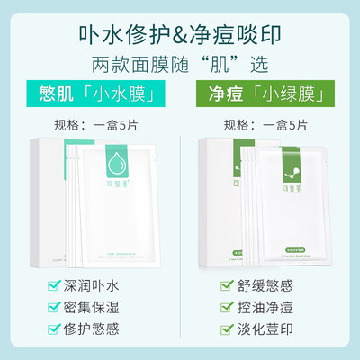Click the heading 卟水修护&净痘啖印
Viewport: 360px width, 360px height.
[x=179, y=32]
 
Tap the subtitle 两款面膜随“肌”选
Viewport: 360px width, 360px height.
[x=179, y=65]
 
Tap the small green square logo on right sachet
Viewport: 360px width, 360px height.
[x=294, y=168]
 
